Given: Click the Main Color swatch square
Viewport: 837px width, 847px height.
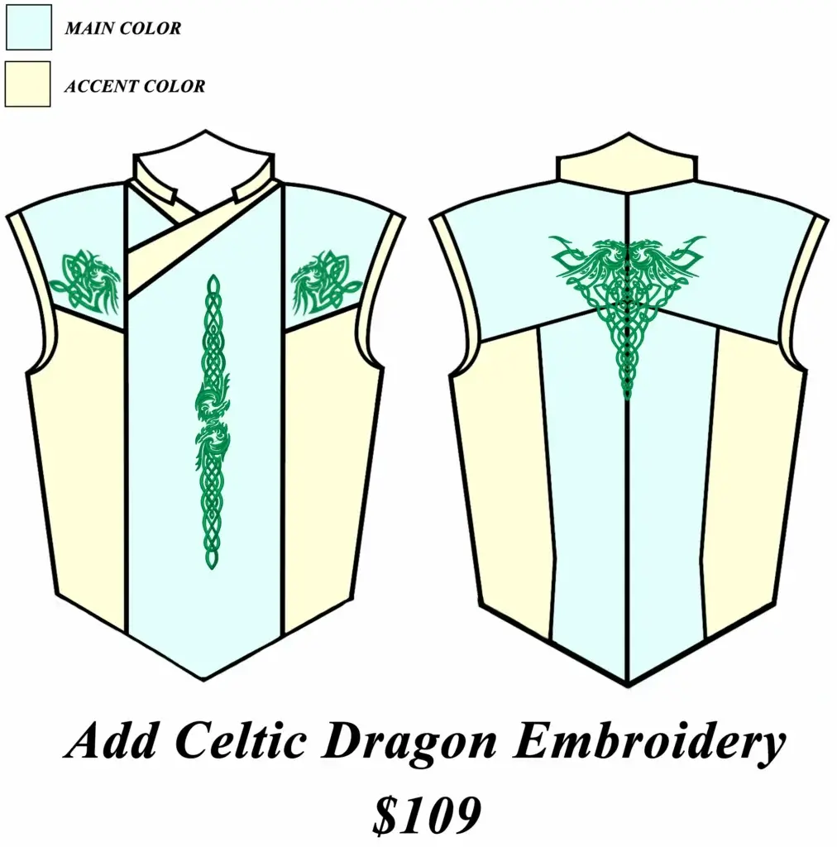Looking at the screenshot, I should pyautogui.click(x=27, y=27).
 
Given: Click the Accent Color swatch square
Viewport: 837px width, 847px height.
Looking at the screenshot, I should pyautogui.click(x=27, y=84).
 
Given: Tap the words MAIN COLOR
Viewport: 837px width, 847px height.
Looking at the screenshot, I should pyautogui.click(x=122, y=28).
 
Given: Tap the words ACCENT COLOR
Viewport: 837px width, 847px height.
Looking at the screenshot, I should pyautogui.click(x=135, y=85).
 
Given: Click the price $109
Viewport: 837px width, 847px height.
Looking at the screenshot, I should pyautogui.click(x=425, y=815).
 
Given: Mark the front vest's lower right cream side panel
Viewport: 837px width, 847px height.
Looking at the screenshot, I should pyautogui.click(x=331, y=463).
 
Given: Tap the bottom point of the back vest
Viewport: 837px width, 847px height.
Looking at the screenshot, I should pyautogui.click(x=629, y=680).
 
